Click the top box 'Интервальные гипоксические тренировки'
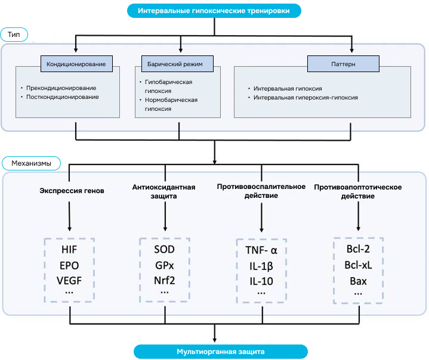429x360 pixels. point(214,10)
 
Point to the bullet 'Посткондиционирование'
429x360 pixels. point(63,97)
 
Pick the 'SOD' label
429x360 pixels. point(164,249)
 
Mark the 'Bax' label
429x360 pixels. point(358,280)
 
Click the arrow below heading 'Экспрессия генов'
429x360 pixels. point(70,215)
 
